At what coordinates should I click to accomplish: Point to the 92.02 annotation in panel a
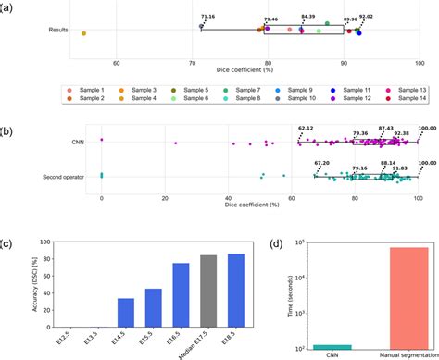point(368,16)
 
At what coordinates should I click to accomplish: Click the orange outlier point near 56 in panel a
point(84,33)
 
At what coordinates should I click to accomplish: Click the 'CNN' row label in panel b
point(77,143)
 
